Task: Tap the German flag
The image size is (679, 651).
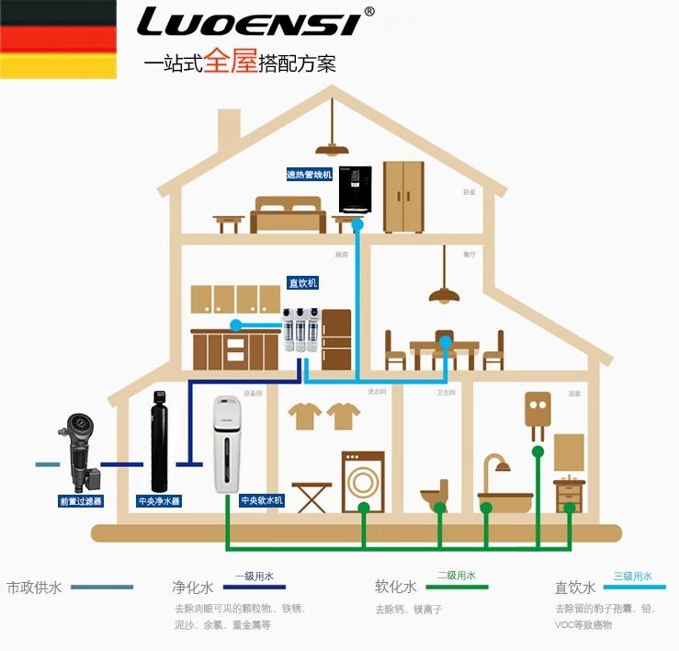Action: coord(58,40)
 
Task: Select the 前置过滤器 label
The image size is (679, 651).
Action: coord(81,501)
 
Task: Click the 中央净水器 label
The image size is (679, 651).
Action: coord(159,501)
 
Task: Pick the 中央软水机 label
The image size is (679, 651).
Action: coord(262,501)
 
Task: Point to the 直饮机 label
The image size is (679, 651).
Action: coord(302,282)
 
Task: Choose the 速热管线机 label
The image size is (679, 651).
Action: coord(309,174)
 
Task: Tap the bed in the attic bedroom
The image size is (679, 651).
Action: coord(288,213)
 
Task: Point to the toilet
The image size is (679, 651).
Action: coord(434,495)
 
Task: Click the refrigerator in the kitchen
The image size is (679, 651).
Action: coord(335,339)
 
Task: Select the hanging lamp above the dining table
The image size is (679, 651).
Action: coord(445,293)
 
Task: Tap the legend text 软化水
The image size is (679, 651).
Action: coord(396,586)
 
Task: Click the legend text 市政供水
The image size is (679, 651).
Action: coord(34,586)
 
